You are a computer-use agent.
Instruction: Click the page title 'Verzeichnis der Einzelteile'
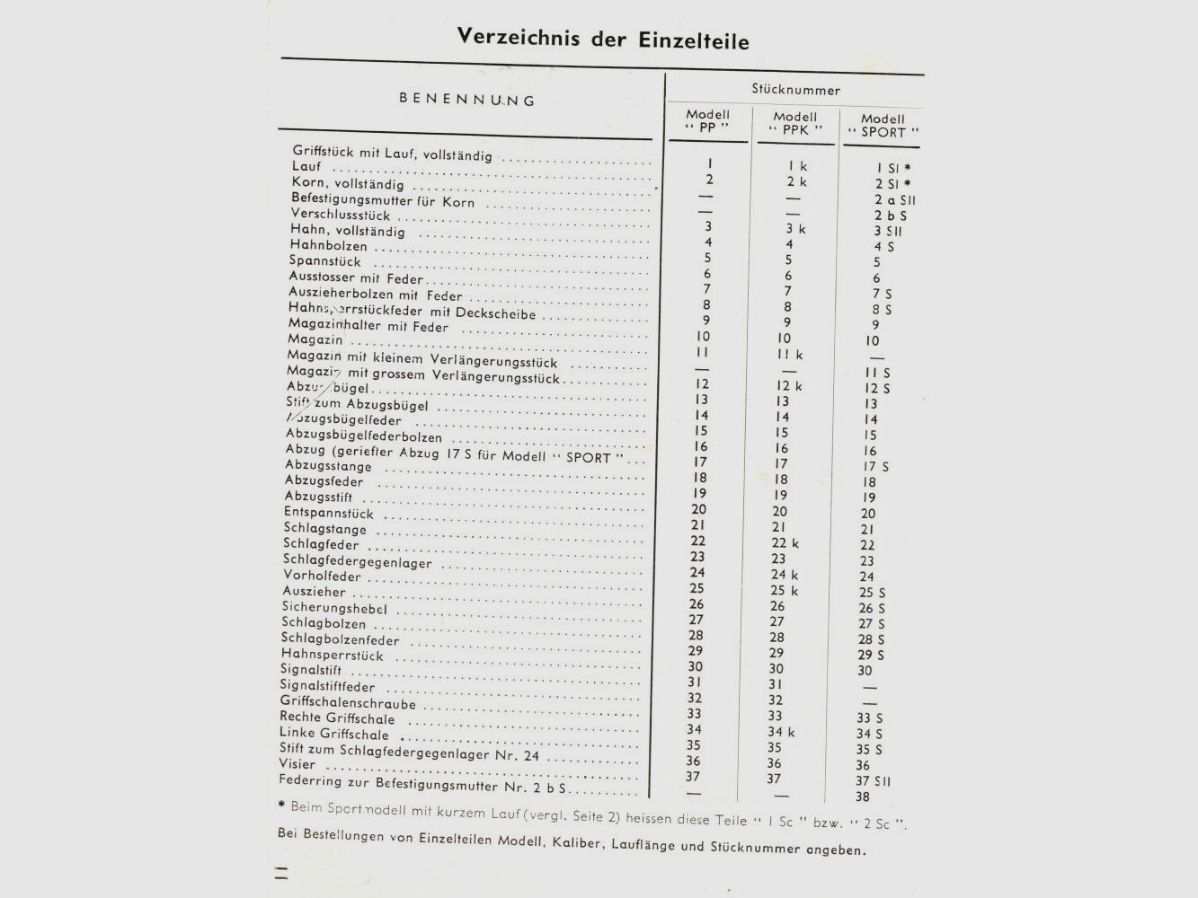coord(602,39)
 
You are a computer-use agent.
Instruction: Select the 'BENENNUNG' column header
coord(466,100)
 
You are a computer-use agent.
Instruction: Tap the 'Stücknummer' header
coord(795,90)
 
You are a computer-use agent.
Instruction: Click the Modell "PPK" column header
coord(795,123)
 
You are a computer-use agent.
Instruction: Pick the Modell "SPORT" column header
coord(883,125)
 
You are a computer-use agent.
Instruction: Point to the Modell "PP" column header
coord(707,121)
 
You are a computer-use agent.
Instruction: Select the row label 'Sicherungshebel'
coord(334,608)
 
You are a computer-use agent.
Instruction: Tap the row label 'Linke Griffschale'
coord(333,733)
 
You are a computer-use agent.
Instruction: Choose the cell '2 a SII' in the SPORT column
coord(894,200)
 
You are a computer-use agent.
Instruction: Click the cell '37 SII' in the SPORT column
coord(873,781)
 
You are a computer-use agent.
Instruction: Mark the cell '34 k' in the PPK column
coord(781,732)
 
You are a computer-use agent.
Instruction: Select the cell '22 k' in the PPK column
coord(784,543)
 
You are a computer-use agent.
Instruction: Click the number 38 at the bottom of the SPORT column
coord(863,797)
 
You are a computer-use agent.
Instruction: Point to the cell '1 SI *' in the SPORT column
coord(892,168)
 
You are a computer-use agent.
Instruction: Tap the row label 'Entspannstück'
coord(328,513)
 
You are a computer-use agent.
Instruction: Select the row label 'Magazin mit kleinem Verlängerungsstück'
coord(422,358)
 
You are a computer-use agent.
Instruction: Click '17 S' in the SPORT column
coord(875,467)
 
